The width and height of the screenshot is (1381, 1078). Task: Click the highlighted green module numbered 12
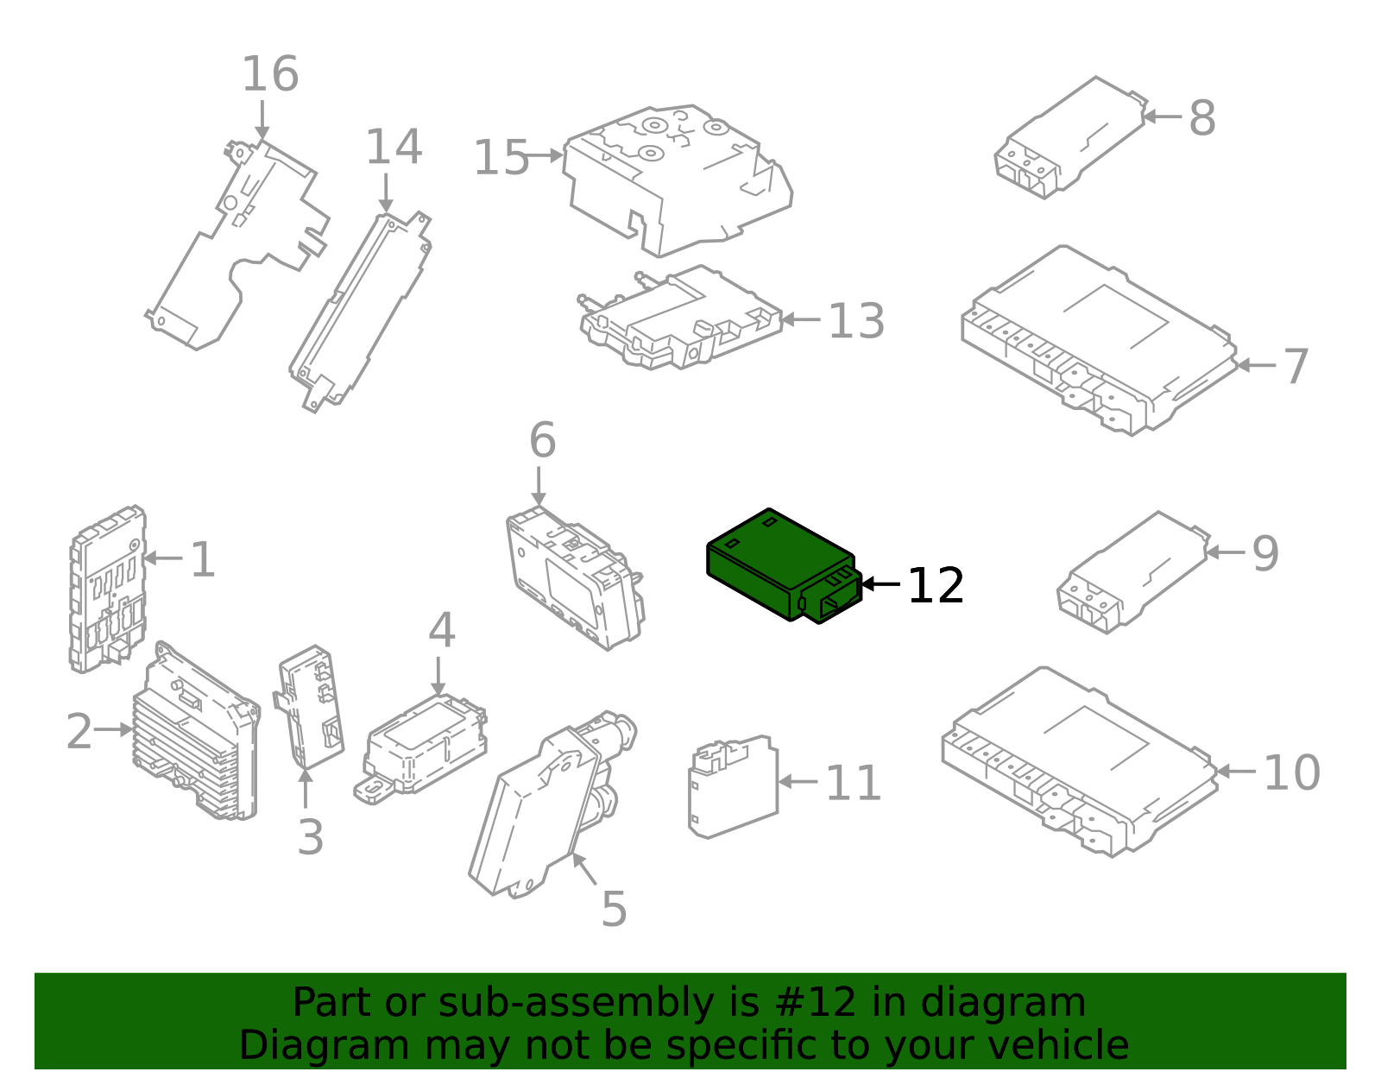point(777,565)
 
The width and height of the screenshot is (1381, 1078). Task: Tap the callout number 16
point(270,74)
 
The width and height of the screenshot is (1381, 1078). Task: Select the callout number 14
point(394,147)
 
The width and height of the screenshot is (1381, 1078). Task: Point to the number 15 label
point(501,159)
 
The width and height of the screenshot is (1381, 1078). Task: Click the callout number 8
point(1202,118)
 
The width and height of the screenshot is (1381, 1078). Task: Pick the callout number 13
point(856,321)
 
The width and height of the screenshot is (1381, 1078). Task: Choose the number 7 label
point(1296,367)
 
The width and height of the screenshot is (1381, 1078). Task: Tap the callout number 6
point(542,441)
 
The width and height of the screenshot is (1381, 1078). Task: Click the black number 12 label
point(936,586)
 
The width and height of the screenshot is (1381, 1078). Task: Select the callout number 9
point(1265,553)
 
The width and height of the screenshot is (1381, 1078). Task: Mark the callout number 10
point(1292,772)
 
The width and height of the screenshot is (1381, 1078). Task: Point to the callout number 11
point(854,784)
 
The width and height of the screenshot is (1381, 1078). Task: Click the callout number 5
point(614,909)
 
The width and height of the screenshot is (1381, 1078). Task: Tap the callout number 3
point(311,837)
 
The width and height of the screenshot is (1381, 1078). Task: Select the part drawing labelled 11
point(732,787)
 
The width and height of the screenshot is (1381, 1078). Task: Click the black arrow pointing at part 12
point(880,584)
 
